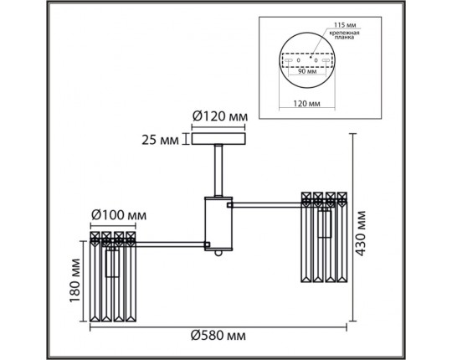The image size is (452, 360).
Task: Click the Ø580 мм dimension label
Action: (x=218, y=336)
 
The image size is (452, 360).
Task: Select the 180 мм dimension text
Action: (x=74, y=280)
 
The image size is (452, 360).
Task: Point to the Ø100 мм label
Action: (x=119, y=215)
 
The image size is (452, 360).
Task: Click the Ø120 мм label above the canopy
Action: (x=220, y=116)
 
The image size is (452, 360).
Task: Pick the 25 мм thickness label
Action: (x=160, y=140)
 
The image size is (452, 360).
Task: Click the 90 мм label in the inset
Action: (x=307, y=71)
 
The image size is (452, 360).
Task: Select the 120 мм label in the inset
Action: (x=306, y=104)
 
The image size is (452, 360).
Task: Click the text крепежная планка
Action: (x=345, y=35)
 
